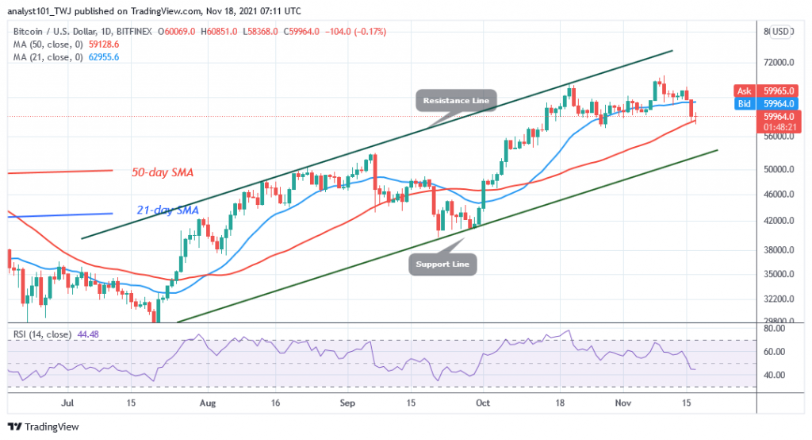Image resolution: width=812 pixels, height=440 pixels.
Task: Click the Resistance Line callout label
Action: pos(457,101)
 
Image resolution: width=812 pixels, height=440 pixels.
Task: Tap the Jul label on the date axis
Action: pos(67,403)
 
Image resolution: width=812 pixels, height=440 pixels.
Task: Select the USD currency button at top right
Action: pos(783,32)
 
